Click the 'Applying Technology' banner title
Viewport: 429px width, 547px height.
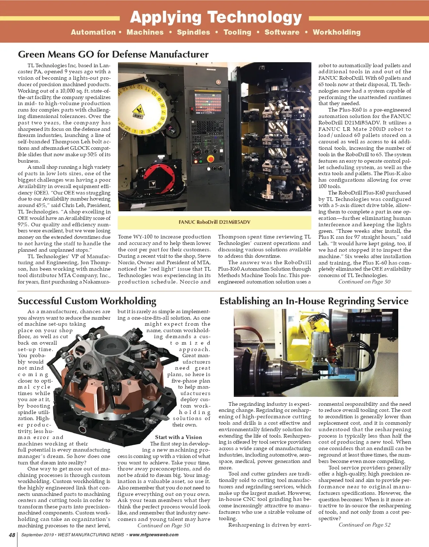coord(216,17)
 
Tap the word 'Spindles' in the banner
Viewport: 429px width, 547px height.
coord(193,32)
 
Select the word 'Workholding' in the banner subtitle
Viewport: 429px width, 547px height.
coord(336,32)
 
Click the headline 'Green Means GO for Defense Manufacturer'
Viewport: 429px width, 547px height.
coord(113,54)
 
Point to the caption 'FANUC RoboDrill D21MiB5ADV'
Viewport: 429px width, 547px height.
coord(214,222)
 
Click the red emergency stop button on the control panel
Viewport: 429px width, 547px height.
coord(211,159)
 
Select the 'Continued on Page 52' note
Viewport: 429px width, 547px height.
coord(364,525)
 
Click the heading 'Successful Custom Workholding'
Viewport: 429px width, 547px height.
coord(87,301)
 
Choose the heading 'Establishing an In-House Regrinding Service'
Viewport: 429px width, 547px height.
coord(314,301)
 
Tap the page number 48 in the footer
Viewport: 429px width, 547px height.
coord(12,535)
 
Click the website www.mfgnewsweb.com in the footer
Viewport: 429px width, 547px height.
coord(154,535)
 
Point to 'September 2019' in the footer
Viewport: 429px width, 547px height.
coord(37,535)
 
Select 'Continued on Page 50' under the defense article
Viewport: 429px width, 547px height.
coord(364,282)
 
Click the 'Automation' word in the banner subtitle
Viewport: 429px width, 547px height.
coord(93,32)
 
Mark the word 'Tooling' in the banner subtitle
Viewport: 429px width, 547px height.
coord(237,32)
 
